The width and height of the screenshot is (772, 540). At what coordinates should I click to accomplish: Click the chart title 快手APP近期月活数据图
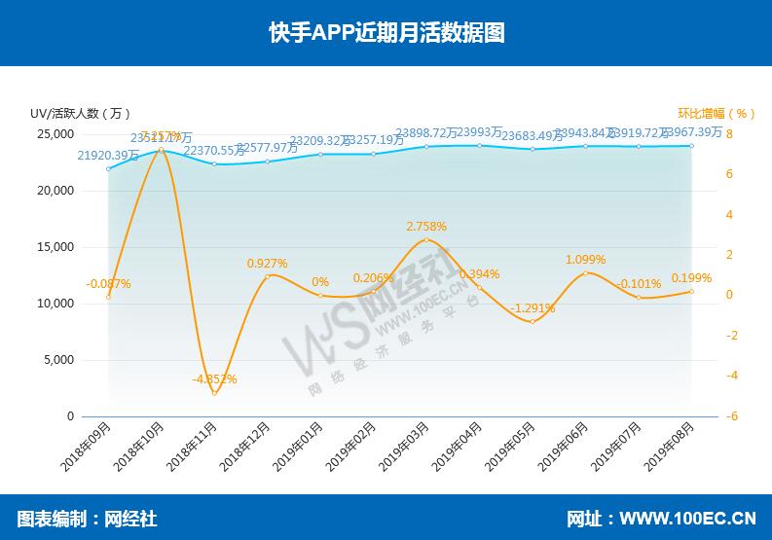pos(386,32)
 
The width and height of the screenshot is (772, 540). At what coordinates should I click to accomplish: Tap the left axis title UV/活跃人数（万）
pos(81,113)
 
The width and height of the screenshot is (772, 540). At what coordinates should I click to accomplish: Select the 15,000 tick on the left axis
pos(56,247)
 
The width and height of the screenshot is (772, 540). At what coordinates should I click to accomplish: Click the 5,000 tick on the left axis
pos(59,360)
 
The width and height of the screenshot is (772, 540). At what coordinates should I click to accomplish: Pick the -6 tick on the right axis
pos(730,416)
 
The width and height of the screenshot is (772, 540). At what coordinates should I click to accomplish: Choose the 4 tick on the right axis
pos(730,214)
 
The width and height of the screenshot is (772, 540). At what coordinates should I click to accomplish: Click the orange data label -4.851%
pos(214,378)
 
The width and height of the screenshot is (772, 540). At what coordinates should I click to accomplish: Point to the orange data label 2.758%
pos(426,227)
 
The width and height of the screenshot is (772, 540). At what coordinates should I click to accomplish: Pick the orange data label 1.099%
pos(585,260)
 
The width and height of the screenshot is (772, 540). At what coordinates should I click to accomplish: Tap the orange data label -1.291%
pos(533,307)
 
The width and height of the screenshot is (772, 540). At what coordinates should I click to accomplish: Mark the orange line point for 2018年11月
pos(214,392)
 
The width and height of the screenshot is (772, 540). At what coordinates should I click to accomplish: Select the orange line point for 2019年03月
pos(426,239)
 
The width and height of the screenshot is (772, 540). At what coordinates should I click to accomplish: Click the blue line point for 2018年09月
pos(108,168)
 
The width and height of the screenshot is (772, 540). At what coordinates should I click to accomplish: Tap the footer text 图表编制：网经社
pos(87,519)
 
